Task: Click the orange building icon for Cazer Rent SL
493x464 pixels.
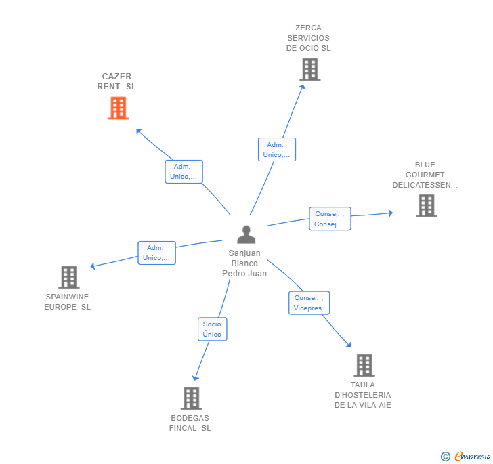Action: click(x=118, y=108)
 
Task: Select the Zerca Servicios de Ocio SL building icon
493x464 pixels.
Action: click(x=309, y=69)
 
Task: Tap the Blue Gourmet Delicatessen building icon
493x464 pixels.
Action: click(x=426, y=205)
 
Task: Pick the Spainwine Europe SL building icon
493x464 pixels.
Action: click(x=68, y=277)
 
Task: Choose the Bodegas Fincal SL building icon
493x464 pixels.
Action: click(x=191, y=398)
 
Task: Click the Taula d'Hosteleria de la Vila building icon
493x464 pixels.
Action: click(x=364, y=365)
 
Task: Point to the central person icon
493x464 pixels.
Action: click(x=246, y=234)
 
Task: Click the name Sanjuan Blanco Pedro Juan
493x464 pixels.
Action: click(x=244, y=263)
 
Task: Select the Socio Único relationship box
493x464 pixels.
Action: click(x=212, y=329)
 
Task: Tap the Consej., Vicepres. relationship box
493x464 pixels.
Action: click(x=309, y=303)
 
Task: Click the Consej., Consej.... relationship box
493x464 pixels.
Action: click(x=330, y=219)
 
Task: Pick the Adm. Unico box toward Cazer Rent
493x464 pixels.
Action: click(x=184, y=171)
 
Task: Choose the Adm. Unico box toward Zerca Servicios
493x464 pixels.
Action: click(x=276, y=150)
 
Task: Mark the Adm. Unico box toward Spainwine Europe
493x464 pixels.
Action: click(x=156, y=253)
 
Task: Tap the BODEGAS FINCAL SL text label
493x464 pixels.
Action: click(x=190, y=423)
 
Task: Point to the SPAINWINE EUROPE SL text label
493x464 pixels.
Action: click(x=68, y=301)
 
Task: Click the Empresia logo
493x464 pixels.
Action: click(x=472, y=457)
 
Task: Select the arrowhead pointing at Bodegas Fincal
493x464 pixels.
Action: click(x=195, y=377)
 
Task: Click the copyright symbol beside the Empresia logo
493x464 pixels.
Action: click(x=445, y=457)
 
